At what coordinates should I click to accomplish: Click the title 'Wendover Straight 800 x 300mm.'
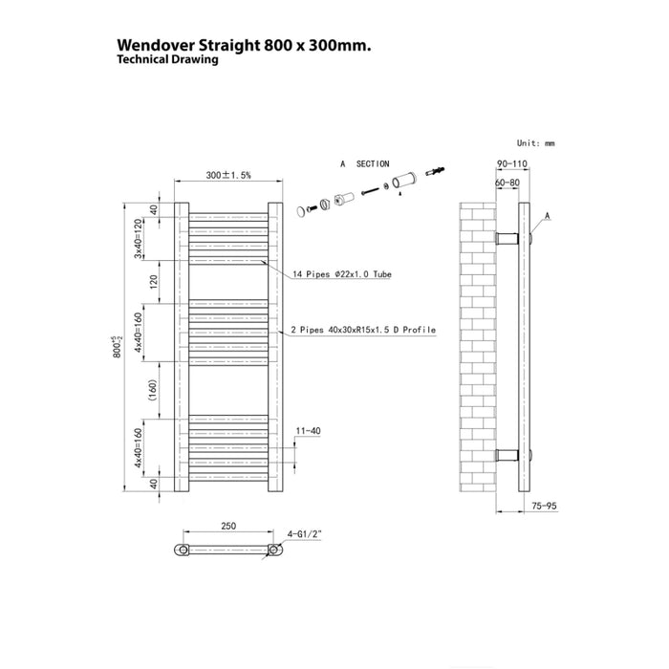[244, 45]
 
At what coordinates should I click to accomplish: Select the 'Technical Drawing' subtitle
[167, 59]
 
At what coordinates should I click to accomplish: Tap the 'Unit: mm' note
[536, 143]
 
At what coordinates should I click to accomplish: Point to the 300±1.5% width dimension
[228, 175]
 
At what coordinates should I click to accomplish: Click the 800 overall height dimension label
[118, 347]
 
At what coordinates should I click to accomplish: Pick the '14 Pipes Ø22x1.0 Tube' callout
[342, 274]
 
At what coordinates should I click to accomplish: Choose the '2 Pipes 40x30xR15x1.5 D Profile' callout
[363, 330]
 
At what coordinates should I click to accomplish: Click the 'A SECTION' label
[365, 163]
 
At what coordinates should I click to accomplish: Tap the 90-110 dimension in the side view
[512, 163]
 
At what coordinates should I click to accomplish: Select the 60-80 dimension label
[507, 183]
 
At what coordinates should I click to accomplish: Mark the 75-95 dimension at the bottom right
[545, 506]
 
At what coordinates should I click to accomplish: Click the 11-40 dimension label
[308, 431]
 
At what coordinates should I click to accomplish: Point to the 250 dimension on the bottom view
[228, 527]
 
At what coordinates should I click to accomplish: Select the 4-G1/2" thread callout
[304, 534]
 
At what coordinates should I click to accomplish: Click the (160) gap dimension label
[153, 390]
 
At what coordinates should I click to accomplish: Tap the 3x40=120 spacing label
[138, 239]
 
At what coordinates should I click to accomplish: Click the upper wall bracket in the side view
[507, 238]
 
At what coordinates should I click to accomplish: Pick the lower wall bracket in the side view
[507, 455]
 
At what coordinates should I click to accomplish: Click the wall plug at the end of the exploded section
[435, 171]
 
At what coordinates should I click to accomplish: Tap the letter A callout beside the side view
[548, 216]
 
